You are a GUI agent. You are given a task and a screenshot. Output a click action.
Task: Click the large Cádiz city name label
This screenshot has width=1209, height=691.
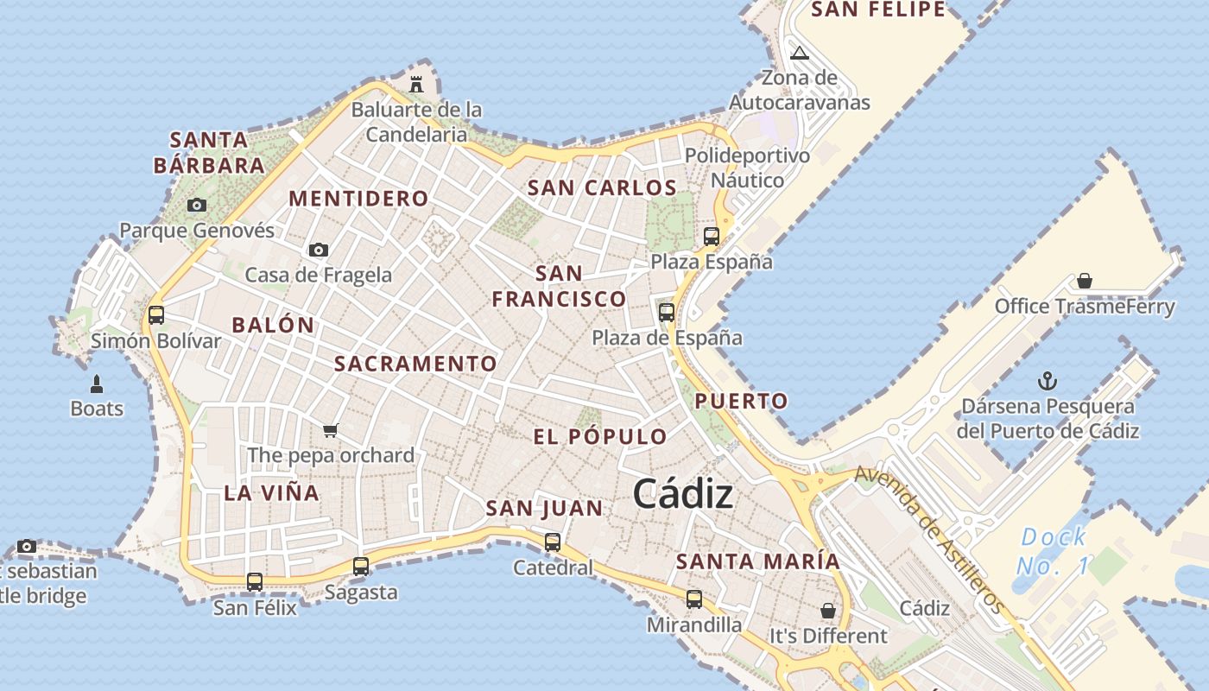(x=683, y=495)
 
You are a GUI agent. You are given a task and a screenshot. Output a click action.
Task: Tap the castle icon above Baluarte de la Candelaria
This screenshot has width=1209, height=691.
(x=416, y=84)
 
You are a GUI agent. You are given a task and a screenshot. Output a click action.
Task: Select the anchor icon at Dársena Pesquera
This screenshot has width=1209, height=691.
(x=1047, y=380)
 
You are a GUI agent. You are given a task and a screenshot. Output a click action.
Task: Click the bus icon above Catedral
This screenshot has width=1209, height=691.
(x=553, y=542)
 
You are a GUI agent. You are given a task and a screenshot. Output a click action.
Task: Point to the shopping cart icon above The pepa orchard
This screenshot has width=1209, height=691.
(x=330, y=430)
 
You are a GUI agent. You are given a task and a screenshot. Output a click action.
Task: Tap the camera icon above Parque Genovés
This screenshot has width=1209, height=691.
(x=197, y=205)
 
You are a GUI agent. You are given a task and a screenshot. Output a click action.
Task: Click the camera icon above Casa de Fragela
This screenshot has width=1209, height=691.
(x=319, y=250)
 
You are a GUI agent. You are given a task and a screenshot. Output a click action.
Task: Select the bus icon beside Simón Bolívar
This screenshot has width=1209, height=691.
(x=156, y=315)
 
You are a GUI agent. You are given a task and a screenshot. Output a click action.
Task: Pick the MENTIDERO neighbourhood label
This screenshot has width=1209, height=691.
(x=358, y=199)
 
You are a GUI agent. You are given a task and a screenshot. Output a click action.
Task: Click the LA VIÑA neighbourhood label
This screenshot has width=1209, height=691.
(x=272, y=494)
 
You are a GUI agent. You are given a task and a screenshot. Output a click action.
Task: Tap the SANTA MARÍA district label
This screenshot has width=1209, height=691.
(x=757, y=561)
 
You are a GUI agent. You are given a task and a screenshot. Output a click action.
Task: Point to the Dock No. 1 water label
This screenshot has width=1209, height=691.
(x=1053, y=552)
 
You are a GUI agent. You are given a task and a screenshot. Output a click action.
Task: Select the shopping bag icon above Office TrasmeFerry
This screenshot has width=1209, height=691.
(x=1085, y=281)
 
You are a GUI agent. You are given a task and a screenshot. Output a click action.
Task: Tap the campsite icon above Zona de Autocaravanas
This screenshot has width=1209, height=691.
(x=800, y=53)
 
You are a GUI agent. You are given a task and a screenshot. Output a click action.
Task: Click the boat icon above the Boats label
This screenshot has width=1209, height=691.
(x=97, y=384)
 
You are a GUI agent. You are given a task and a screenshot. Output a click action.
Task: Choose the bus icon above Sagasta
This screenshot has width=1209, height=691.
(x=361, y=567)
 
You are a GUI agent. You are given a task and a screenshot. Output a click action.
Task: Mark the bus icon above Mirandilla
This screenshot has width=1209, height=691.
(x=694, y=599)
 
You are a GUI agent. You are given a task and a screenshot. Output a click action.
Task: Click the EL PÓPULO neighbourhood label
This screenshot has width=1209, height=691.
(x=600, y=437)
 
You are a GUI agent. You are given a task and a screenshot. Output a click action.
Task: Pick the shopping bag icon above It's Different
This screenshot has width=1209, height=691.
(x=828, y=611)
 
